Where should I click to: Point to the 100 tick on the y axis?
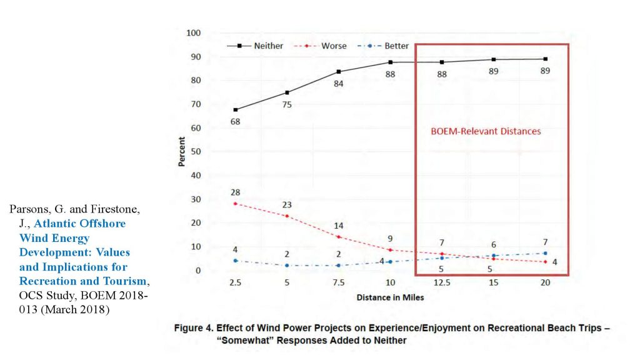click(x=194, y=33)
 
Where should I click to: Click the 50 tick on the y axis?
click(x=196, y=152)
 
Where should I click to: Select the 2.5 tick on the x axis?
click(x=235, y=283)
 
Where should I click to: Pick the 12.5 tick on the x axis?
click(x=441, y=283)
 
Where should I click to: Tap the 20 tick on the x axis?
click(x=545, y=283)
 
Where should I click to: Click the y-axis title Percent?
click(x=182, y=152)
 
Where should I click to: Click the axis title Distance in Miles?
click(x=390, y=297)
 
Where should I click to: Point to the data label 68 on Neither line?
click(x=235, y=121)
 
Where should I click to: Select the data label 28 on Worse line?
click(x=235, y=192)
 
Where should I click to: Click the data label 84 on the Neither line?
click(x=338, y=84)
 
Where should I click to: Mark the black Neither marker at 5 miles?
click(x=287, y=92)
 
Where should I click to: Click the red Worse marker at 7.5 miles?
click(x=338, y=237)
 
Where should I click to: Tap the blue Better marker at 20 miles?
click(x=545, y=253)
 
